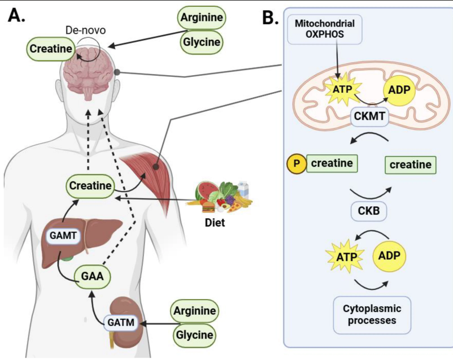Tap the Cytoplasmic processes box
coord(368,314)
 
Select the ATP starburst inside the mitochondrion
coord(338,89)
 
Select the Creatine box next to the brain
coord(51,50)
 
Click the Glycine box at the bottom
coord(194,335)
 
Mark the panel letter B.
coord(271,18)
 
